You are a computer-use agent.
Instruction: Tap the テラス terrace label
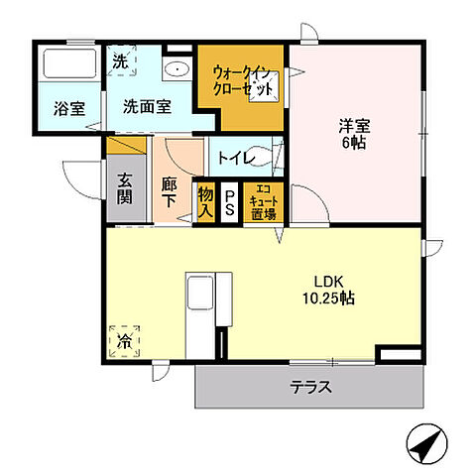point(309,388)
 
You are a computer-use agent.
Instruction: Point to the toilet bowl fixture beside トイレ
point(278,159)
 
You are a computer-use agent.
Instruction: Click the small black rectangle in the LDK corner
point(400,352)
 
